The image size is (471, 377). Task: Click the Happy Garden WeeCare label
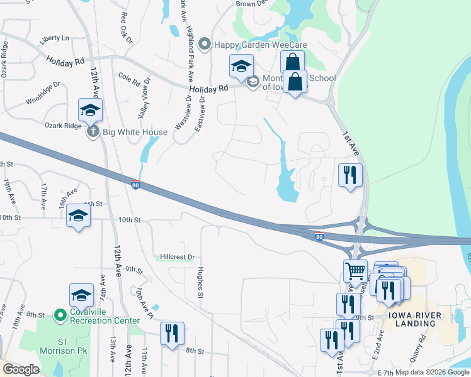pyautogui.click(x=251, y=45)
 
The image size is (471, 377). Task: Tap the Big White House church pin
pyautogui.click(x=93, y=132)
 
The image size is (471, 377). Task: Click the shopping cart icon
pyautogui.click(x=355, y=271)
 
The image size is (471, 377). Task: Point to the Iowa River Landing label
pyautogui.click(x=412, y=319)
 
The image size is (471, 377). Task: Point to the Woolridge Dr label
pyautogui.click(x=43, y=93)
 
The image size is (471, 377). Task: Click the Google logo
pyautogui.click(x=21, y=369)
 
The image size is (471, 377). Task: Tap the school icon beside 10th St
pyautogui.click(x=78, y=217)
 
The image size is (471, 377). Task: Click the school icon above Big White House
pyautogui.click(x=90, y=110)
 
